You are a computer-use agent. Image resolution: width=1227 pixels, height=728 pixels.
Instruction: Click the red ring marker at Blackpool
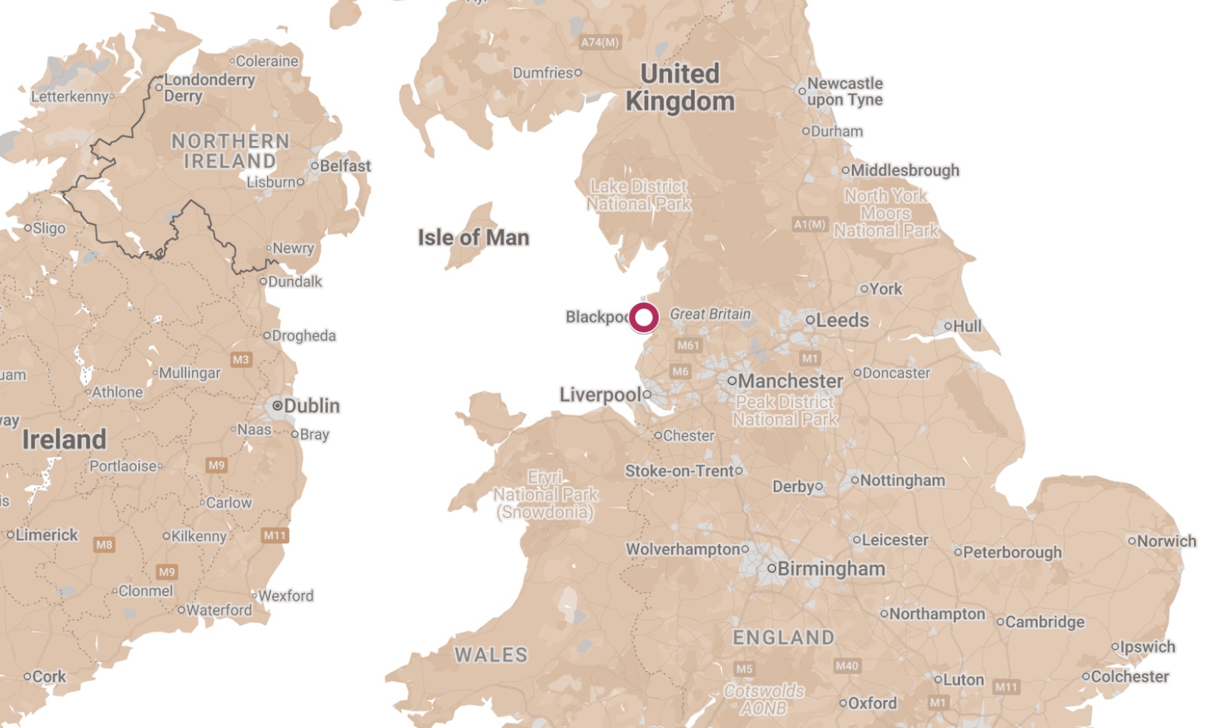pyautogui.click(x=644, y=317)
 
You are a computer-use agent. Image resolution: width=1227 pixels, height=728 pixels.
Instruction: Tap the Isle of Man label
pyautogui.click(x=473, y=237)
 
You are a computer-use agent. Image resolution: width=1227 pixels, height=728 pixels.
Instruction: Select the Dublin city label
pyautogui.click(x=311, y=406)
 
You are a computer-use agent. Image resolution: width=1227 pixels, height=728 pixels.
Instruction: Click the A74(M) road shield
pyautogui.click(x=600, y=42)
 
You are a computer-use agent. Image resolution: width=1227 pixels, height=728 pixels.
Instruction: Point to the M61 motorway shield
pyautogui.click(x=688, y=345)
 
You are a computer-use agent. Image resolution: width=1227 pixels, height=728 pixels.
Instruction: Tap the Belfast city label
pyautogui.click(x=345, y=166)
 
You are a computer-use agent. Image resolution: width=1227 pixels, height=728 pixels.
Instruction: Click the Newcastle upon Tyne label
pyautogui.click(x=844, y=91)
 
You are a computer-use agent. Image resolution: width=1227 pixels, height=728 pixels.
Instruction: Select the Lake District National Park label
pyautogui.click(x=639, y=195)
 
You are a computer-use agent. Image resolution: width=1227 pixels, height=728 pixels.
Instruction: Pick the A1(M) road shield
pyautogui.click(x=810, y=224)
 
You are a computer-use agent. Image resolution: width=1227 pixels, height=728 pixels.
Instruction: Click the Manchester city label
pyautogui.click(x=790, y=380)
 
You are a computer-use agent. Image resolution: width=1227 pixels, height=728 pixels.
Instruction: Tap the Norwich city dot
pyautogui.click(x=1131, y=541)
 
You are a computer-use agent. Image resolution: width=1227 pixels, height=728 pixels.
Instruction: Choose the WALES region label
pyautogui.click(x=491, y=655)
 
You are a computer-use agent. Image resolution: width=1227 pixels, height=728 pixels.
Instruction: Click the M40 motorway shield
pyautogui.click(x=847, y=666)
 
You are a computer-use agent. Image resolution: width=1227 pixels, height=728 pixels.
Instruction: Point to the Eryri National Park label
pyautogui.click(x=545, y=494)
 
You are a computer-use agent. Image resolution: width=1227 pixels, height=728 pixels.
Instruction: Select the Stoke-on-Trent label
pyautogui.click(x=679, y=471)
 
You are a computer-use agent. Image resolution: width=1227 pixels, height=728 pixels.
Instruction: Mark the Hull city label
pyautogui.click(x=967, y=326)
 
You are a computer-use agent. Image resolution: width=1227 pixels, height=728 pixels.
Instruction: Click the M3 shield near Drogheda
pyautogui.click(x=241, y=359)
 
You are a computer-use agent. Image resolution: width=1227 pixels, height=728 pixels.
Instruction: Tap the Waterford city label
pyautogui.click(x=219, y=610)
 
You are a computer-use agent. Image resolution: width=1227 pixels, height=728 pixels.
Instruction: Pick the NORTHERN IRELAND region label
pyautogui.click(x=230, y=151)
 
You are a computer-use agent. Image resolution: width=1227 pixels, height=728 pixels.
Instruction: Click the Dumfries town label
pyautogui.click(x=543, y=73)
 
